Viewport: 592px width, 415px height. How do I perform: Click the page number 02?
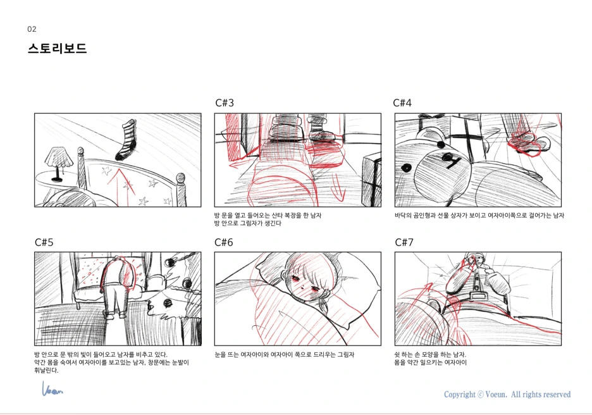pyautogui.click(x=32, y=29)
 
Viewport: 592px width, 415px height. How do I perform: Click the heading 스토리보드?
pyautogui.click(x=57, y=48)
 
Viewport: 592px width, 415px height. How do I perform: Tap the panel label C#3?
pyautogui.click(x=225, y=102)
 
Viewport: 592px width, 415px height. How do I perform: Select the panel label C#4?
pyautogui.click(x=402, y=102)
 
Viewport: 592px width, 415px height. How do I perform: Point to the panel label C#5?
pyautogui.click(x=44, y=242)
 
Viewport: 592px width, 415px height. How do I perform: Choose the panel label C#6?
pyautogui.click(x=224, y=242)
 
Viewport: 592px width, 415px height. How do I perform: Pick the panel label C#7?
pyautogui.click(x=404, y=242)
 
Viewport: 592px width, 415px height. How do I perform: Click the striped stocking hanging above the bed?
pyautogui.click(x=126, y=140)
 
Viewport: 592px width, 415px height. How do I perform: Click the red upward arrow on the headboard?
pyautogui.click(x=121, y=183)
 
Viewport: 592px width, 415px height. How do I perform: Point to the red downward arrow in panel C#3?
pyautogui.click(x=338, y=187)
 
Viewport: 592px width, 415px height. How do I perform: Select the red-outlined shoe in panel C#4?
pyautogui.click(x=525, y=146)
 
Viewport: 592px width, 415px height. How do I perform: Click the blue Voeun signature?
pyautogui.click(x=52, y=388)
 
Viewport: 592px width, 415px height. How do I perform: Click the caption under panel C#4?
pyautogui.click(x=479, y=216)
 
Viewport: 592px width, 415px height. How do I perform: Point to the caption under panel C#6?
pyautogui.click(x=284, y=354)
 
